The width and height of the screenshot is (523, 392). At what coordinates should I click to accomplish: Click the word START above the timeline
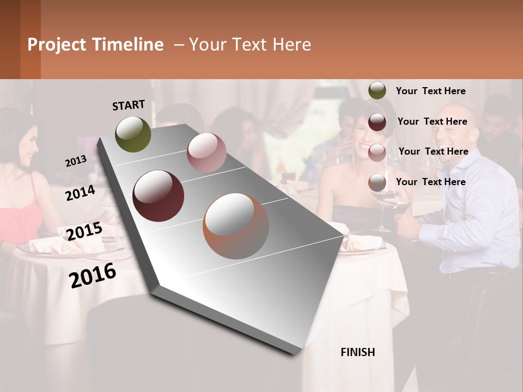coord(129,105)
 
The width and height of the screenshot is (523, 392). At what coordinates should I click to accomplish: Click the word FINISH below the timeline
coord(357,352)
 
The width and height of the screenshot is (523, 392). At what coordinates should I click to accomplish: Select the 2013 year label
coord(76,161)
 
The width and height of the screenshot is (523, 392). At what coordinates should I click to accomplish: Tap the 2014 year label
coord(80,193)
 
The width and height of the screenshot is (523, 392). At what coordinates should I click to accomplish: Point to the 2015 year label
coord(84,231)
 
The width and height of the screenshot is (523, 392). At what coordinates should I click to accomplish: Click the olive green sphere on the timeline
coord(133,134)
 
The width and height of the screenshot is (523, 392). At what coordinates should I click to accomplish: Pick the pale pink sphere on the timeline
coord(206,152)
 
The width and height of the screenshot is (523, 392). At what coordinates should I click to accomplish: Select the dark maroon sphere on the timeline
coord(158,196)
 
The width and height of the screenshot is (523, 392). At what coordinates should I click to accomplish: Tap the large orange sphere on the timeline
coord(236,226)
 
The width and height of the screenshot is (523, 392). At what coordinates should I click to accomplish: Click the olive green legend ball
coord(377,90)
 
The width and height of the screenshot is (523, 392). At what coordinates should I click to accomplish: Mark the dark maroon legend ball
coord(377,122)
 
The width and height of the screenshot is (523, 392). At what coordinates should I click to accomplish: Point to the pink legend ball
coord(377,152)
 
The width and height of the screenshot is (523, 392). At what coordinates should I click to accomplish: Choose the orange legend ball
coord(377,182)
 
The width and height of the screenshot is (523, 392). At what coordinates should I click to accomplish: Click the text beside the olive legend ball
coord(430,91)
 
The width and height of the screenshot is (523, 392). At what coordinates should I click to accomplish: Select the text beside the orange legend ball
coord(430,182)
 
